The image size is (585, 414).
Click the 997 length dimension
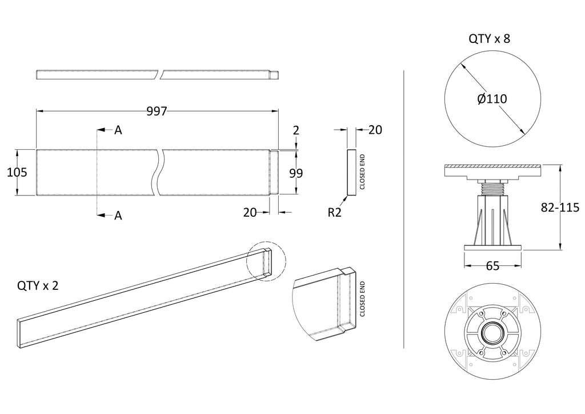click(157, 112)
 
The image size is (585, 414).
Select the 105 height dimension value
click(17, 172)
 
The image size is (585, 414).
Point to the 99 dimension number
click(296, 173)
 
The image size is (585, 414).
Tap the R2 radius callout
click(335, 213)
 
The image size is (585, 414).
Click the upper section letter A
click(118, 130)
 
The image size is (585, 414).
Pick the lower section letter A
click(118, 216)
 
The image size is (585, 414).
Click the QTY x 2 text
click(38, 286)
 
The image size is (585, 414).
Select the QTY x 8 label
click(489, 39)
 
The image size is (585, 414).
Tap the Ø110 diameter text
click(492, 99)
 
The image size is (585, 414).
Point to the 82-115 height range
click(560, 208)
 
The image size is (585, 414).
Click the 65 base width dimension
click(492, 266)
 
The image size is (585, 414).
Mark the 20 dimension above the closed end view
click(375, 130)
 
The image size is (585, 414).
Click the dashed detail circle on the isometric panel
click(266, 261)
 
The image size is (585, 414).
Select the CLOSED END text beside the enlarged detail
click(362, 299)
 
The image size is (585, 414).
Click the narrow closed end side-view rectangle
click(351, 173)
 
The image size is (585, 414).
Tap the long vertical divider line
click(404, 208)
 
